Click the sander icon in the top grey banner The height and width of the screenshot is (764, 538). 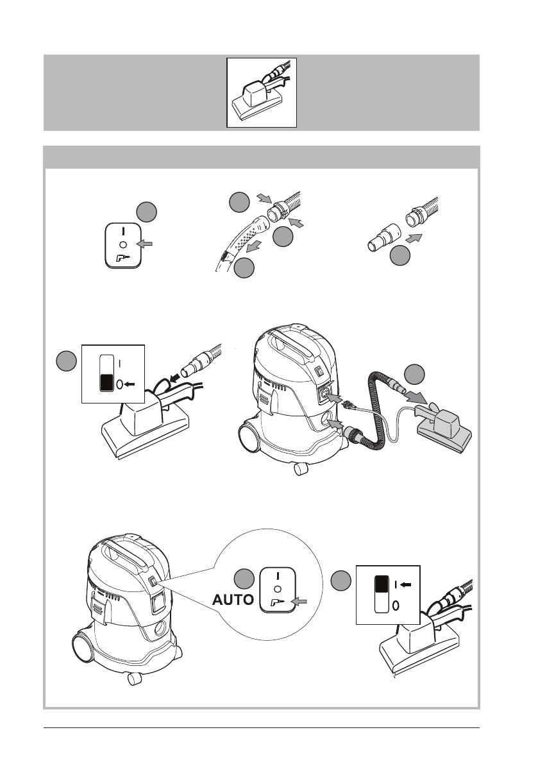point(262,92)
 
